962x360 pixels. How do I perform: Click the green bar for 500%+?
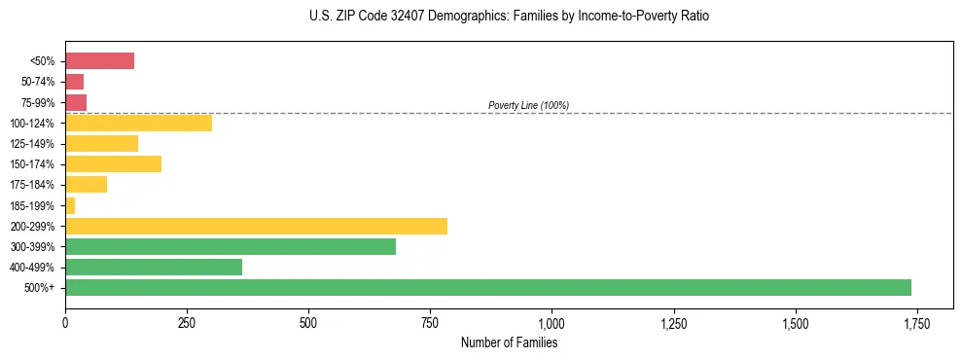487,287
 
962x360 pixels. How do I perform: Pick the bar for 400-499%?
154,267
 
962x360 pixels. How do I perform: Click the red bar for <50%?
99,61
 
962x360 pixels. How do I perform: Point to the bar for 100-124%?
138,123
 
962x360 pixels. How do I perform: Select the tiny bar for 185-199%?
70,205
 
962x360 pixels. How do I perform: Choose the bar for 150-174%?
113,163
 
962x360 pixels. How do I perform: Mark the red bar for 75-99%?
76,102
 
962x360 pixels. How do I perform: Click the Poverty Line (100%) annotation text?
528,105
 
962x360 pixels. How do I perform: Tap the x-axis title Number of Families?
509,342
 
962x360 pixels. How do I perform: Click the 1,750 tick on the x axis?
916,323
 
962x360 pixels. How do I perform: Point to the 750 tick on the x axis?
430,323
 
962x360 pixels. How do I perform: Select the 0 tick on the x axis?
65,323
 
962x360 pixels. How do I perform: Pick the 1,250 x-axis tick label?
673,323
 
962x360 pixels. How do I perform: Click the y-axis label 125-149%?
31,144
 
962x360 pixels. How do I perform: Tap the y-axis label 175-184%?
31,185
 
